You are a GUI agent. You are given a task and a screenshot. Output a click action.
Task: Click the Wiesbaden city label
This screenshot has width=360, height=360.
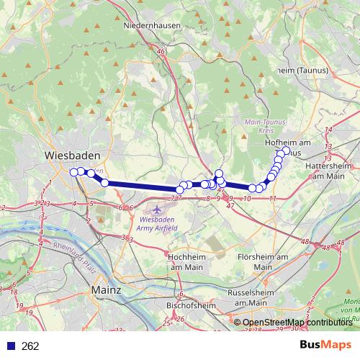[x=73, y=156]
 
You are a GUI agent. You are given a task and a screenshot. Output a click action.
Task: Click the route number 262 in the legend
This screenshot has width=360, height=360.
[x=30, y=346]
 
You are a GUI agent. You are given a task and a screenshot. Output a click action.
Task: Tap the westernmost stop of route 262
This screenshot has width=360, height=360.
[x=73, y=171]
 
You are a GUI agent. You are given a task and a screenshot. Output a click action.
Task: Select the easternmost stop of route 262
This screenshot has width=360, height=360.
[x=285, y=151]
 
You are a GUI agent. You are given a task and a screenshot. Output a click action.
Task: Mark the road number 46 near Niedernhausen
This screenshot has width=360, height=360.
[x=163, y=52]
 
